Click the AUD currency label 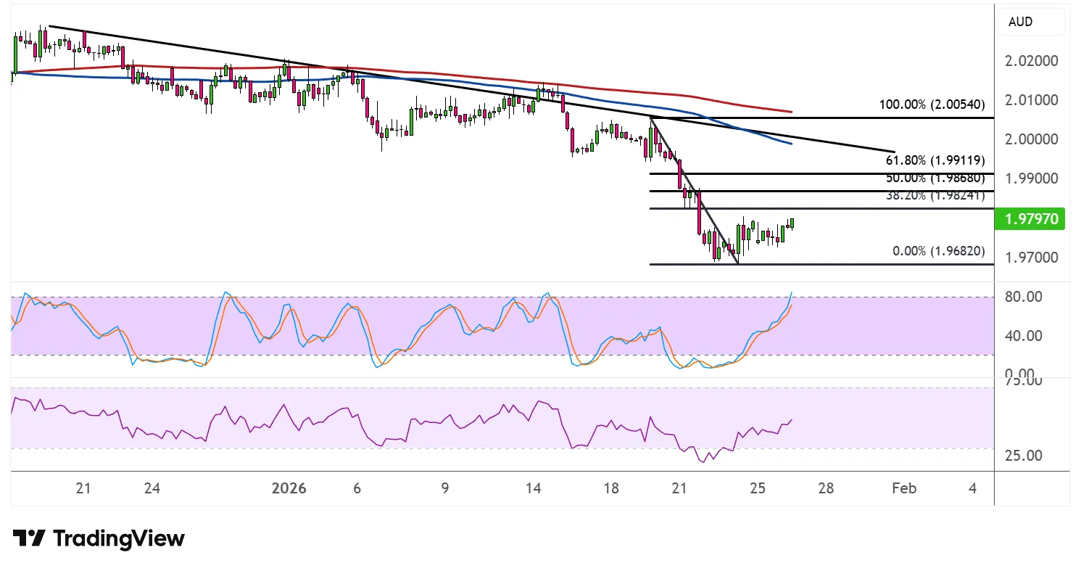[x=1020, y=22]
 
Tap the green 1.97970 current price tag [x=1030, y=219]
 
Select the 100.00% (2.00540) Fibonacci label [x=932, y=104]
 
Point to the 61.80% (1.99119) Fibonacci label [x=935, y=160]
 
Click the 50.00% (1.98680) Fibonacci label [x=935, y=178]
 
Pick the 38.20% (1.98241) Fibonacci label [x=935, y=195]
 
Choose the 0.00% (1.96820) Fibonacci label [x=938, y=251]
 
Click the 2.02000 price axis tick [x=1032, y=61]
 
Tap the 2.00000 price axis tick [x=1032, y=139]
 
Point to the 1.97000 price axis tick [x=1032, y=258]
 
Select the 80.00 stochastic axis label [x=1023, y=297]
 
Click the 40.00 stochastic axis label [x=1023, y=336]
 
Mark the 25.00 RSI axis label [x=1023, y=456]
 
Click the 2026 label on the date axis [x=289, y=488]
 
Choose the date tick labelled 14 [x=534, y=488]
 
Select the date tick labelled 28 [x=825, y=488]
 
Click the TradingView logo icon [x=29, y=538]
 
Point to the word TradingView [x=120, y=538]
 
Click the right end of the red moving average [x=791, y=112]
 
